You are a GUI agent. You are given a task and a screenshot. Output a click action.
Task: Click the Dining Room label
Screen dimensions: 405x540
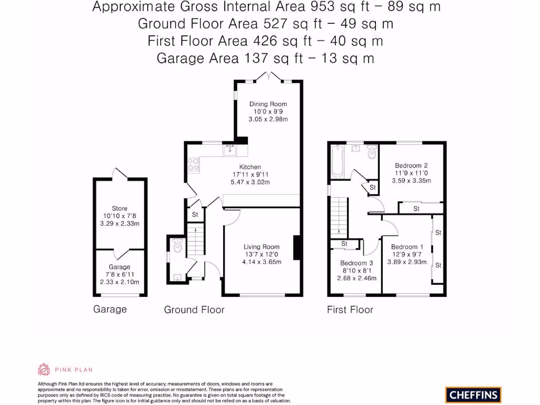coord(268,104)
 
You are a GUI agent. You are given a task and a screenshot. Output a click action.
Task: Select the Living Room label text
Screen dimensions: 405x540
coord(261,247)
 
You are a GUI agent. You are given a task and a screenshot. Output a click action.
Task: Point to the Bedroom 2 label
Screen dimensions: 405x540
coord(411,165)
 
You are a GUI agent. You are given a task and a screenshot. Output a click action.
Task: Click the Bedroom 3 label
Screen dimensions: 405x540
coord(356,263)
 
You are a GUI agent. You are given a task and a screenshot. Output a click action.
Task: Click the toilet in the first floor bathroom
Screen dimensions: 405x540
coord(371,152)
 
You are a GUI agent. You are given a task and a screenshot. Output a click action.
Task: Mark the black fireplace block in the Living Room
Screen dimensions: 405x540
coord(297,247)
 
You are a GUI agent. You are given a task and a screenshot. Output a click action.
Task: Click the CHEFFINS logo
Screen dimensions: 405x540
coord(473,394)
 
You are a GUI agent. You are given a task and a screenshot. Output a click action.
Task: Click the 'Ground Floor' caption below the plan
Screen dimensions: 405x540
coord(194,310)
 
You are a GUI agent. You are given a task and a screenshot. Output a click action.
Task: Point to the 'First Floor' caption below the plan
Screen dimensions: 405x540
coord(350,310)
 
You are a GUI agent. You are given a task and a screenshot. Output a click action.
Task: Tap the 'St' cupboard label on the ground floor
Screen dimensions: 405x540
coord(195,215)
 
